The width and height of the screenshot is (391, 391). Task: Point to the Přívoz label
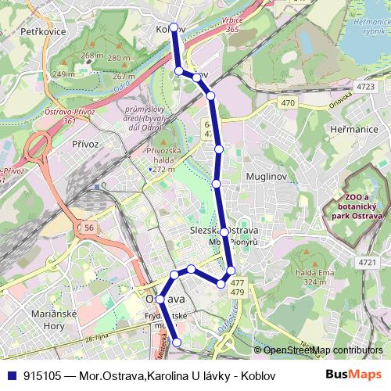coord(84,144)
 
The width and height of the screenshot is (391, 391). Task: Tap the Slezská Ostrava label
coord(224,231)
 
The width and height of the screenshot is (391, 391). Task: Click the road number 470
coord(288,102)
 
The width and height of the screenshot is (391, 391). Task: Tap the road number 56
coord(90,227)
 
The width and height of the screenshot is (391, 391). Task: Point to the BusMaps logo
coord(353,375)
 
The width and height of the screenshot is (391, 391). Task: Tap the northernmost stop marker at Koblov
coord(174,27)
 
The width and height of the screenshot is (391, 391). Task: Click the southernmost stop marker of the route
coord(177,341)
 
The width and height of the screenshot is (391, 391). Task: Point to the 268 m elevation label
coord(91,56)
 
